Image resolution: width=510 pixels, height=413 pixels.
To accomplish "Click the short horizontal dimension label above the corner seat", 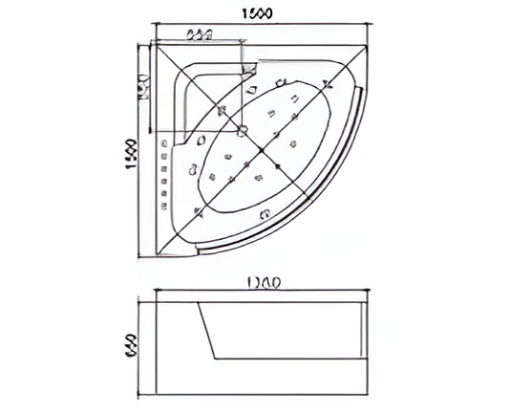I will click(199, 35).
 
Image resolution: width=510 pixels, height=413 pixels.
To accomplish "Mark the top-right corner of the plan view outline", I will click(368, 41).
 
